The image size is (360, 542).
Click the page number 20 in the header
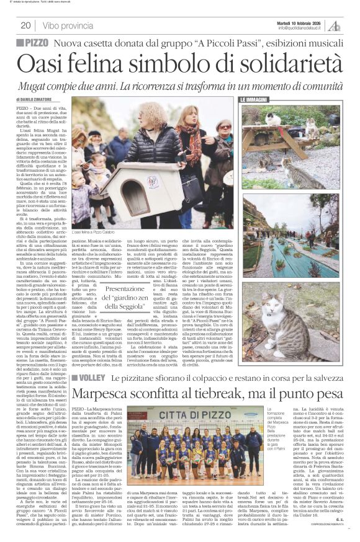(x=25, y=25)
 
